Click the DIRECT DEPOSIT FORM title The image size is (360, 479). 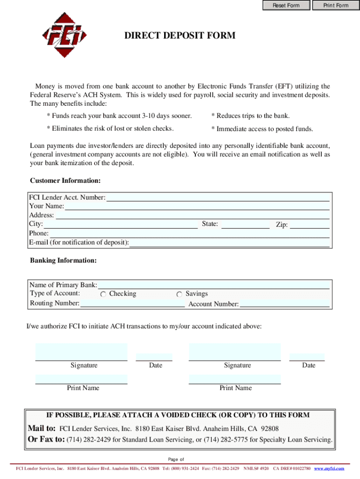180,36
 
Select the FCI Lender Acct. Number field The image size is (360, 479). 218,197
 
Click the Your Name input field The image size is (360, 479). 197,206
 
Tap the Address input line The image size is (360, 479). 193,215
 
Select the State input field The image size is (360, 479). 245,224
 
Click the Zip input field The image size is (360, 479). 310,225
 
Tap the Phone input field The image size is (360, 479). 189,233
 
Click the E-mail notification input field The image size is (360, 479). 229,242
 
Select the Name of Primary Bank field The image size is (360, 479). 213,285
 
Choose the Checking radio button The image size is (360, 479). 103,294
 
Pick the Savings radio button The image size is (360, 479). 180,294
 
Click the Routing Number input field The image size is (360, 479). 133,304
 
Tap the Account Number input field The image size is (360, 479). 284,304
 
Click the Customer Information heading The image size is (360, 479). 65,181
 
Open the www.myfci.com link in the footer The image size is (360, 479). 329,468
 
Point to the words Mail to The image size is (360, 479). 42,428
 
